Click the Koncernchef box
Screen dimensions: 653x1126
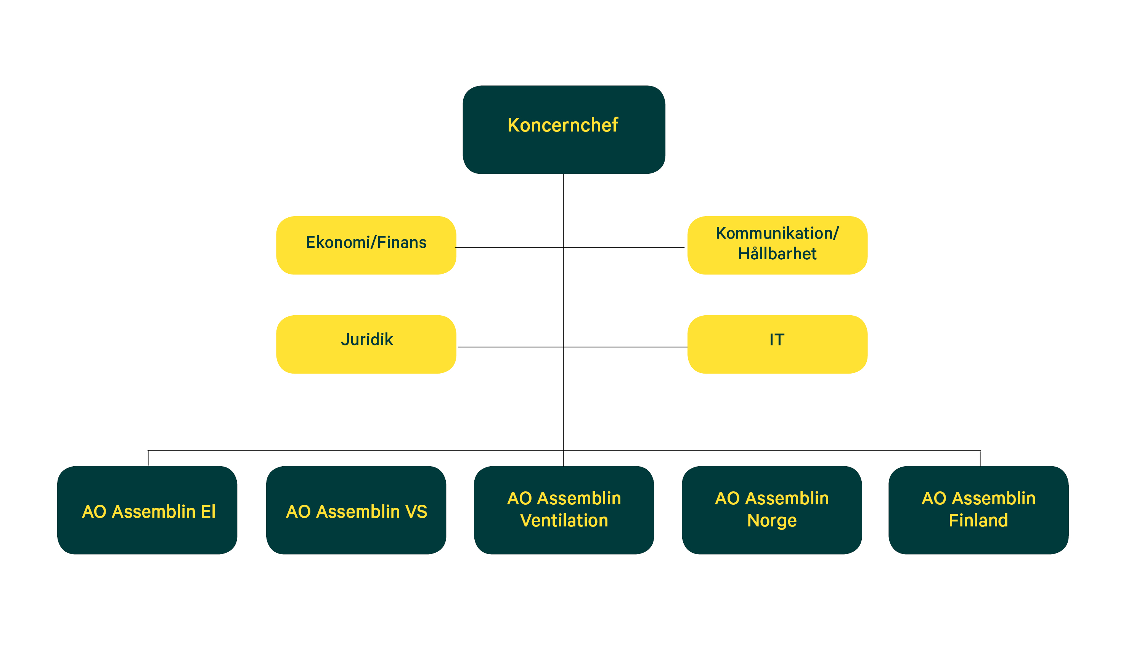tap(564, 130)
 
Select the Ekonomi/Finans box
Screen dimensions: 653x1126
tap(366, 245)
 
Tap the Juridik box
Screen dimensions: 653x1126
tap(366, 344)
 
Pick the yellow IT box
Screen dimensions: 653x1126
tap(777, 344)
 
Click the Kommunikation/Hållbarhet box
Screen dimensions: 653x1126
tap(777, 245)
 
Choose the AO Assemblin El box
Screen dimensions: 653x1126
tap(147, 510)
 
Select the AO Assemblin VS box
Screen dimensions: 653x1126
tap(356, 510)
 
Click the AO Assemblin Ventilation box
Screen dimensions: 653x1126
tap(564, 510)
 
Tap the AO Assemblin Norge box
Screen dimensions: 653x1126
tap(772, 510)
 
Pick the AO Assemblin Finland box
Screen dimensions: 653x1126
tap(978, 510)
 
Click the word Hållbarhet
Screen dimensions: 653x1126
tap(777, 254)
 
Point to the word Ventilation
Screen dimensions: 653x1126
tap(564, 521)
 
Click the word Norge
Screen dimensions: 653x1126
tap(772, 521)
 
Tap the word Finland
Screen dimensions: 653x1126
tap(978, 521)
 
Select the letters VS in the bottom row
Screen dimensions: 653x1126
tap(416, 512)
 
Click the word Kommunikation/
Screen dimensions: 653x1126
tap(777, 233)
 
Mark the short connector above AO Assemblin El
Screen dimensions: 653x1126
tap(148, 458)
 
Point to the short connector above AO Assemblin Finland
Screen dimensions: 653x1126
tap(980, 458)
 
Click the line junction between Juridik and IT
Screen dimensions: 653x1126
tap(564, 347)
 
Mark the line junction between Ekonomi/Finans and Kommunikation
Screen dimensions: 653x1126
tap(564, 247)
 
